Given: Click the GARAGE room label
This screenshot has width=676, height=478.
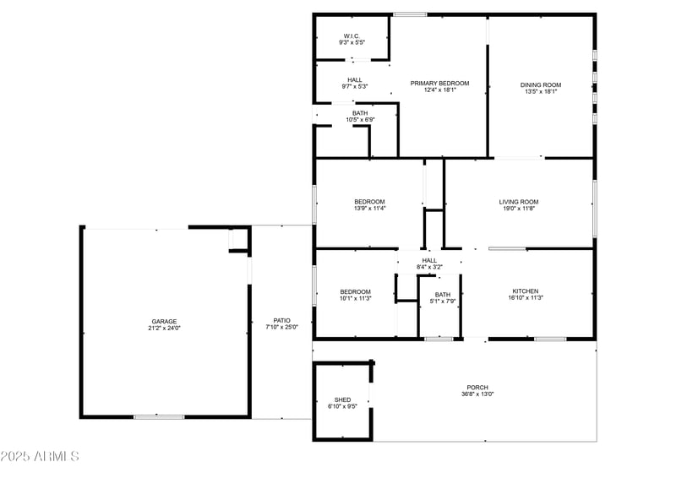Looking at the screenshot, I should (x=165, y=321).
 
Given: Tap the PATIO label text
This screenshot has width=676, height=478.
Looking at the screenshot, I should (x=281, y=321).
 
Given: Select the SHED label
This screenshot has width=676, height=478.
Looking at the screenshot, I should (x=342, y=399).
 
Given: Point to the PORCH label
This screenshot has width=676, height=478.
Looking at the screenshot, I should (x=477, y=388).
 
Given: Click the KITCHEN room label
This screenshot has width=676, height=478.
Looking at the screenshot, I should (x=525, y=291).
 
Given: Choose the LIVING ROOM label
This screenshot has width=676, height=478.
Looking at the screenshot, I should (x=519, y=202).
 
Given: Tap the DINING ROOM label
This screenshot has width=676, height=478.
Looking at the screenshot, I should (x=541, y=84).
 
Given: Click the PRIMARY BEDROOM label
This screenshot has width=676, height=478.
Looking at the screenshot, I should (x=439, y=83).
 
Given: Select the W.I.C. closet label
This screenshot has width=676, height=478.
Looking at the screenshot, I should (x=352, y=35).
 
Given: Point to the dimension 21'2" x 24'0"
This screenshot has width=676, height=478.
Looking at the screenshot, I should (x=165, y=328).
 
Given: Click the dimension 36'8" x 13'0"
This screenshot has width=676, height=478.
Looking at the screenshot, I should (x=477, y=394).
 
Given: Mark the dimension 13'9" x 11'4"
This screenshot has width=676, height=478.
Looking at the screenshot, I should (x=369, y=209).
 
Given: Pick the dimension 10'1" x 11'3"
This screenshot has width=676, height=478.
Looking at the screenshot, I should (x=355, y=298).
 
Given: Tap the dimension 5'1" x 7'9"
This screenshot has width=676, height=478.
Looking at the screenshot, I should (x=442, y=301).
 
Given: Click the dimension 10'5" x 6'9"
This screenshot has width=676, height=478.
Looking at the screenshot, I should (x=360, y=120).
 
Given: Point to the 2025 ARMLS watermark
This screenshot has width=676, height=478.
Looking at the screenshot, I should (x=40, y=457).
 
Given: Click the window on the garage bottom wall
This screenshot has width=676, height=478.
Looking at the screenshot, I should (x=159, y=416).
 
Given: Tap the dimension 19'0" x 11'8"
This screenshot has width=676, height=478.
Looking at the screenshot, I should (x=519, y=209).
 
